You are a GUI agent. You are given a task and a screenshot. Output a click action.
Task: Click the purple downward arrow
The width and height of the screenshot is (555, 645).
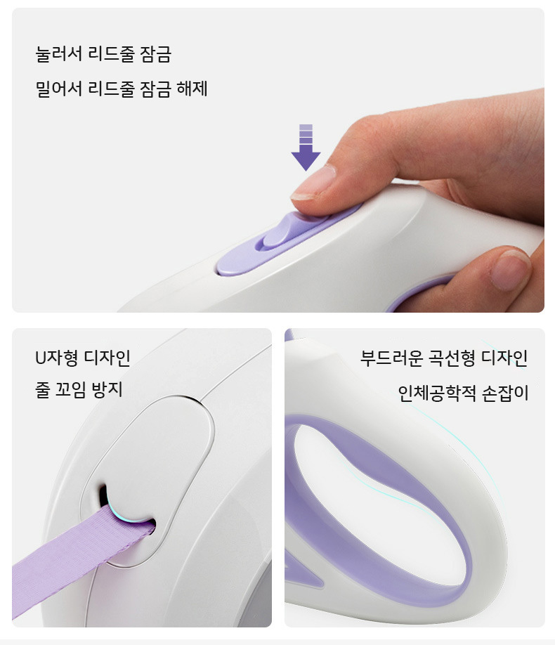coord(306,148)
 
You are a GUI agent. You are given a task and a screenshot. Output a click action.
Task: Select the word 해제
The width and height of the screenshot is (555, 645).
coord(192,89)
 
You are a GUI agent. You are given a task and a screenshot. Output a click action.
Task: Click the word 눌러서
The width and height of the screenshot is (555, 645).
coord(59,54)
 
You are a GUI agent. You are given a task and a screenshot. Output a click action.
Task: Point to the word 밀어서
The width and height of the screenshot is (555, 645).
coord(59,89)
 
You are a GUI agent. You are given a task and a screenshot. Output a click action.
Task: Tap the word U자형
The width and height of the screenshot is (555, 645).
coord(56,358)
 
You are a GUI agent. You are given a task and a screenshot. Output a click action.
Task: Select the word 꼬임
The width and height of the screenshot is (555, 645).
coord(70,389)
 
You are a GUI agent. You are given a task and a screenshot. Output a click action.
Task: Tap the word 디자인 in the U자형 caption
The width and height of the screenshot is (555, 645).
coord(107,358)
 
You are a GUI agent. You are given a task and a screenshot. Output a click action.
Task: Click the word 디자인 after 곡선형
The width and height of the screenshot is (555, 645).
coord(505,358)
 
